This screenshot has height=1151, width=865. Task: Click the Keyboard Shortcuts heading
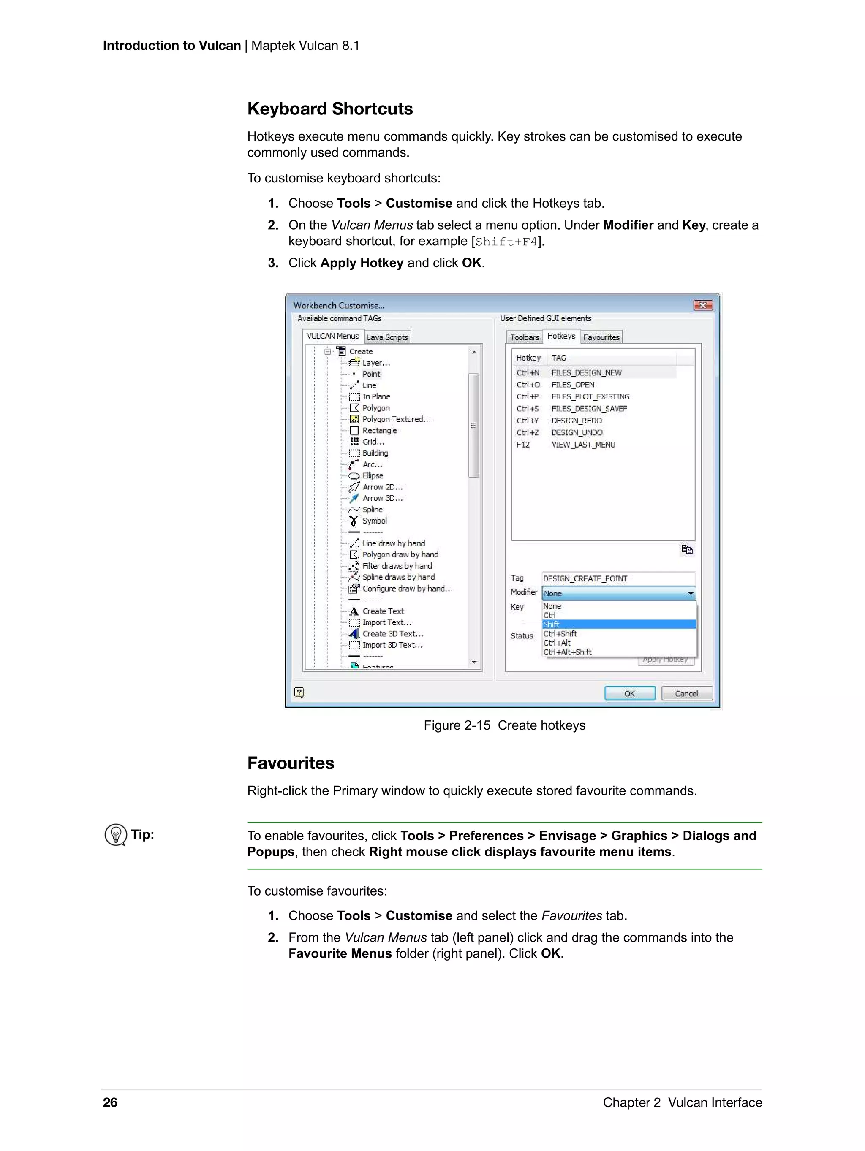[329, 109]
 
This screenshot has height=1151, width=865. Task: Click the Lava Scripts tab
[387, 337]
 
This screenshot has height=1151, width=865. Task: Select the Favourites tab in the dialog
[601, 337]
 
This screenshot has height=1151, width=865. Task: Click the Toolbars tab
[524, 337]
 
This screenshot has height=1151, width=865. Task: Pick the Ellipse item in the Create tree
[373, 475]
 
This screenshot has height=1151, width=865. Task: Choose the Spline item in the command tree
[372, 509]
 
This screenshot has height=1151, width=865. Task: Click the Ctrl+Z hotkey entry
[527, 432]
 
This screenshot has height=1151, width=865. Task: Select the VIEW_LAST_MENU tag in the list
[583, 444]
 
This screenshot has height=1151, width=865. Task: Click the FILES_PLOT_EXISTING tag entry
[590, 396]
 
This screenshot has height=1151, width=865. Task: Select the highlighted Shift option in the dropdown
[552, 624]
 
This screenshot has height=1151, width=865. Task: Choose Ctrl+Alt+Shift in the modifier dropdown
[567, 652]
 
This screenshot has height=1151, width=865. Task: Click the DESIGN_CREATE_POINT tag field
[617, 578]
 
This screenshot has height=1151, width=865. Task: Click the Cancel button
[686, 694]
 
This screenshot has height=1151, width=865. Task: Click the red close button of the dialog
[702, 305]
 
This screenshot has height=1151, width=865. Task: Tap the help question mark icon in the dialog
[299, 692]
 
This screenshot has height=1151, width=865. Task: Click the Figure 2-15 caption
[504, 725]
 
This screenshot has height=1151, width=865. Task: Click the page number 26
[110, 1102]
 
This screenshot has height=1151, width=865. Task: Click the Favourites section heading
[291, 763]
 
